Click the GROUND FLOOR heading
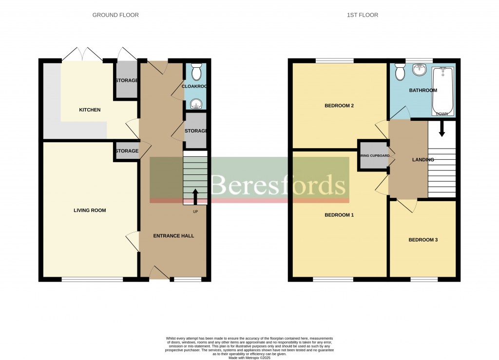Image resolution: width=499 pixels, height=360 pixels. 115,15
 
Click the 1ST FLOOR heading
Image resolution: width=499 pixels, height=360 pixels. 362,15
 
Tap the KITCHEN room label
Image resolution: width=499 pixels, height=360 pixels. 90,110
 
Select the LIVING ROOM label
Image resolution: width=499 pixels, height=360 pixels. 90,210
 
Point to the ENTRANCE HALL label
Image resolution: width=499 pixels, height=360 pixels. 173,236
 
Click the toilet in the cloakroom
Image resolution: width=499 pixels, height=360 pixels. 196,73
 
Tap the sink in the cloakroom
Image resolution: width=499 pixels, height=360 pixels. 196,103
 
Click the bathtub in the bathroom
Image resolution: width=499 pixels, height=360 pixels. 442,91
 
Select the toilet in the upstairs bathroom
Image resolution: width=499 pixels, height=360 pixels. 400,73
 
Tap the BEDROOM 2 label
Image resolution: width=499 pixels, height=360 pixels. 339,106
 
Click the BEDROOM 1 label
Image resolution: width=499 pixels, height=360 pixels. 339,215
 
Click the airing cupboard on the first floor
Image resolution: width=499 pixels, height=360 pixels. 373,155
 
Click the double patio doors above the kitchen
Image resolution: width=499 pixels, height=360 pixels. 82,54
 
